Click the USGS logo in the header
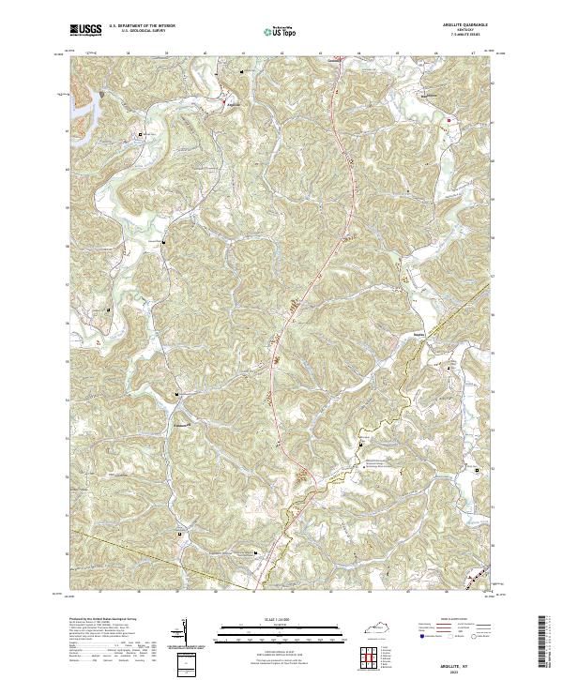85,30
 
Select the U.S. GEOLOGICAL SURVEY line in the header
137,32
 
